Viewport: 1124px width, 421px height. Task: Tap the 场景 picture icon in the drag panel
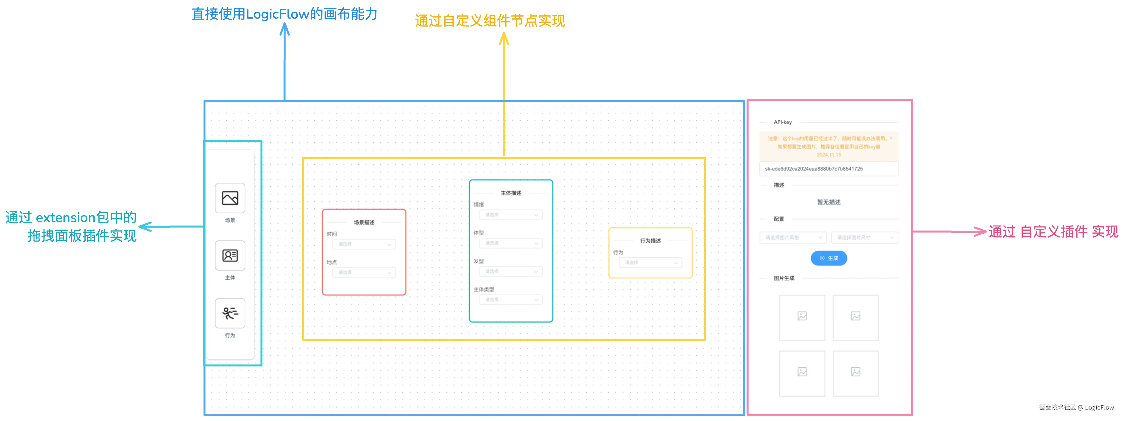[230, 198]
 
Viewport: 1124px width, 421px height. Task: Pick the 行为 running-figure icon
[230, 313]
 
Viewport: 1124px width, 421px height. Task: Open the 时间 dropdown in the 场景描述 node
[364, 244]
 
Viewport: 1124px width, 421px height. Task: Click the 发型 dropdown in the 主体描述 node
[510, 271]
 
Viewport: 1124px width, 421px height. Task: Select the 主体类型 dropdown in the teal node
[510, 300]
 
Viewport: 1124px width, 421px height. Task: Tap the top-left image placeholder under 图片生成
[802, 317]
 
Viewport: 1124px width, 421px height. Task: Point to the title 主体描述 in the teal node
[510, 193]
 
